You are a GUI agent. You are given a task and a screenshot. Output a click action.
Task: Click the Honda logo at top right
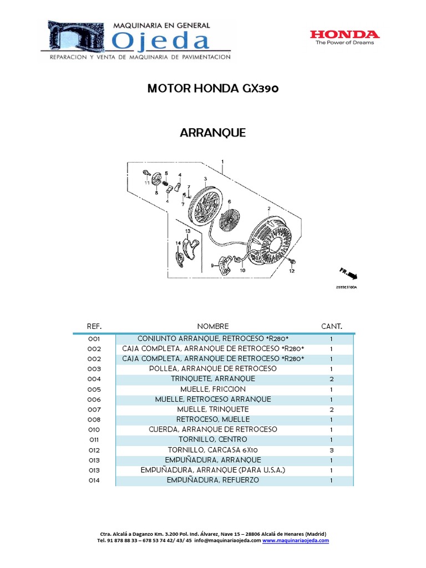click(344, 37)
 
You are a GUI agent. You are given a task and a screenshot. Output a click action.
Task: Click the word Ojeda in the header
click(161, 42)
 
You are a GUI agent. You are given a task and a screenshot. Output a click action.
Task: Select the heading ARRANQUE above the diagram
click(212, 133)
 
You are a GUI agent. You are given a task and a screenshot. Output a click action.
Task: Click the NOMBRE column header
click(212, 326)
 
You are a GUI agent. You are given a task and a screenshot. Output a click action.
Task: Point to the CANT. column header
click(332, 326)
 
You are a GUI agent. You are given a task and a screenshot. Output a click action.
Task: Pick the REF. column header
click(94, 326)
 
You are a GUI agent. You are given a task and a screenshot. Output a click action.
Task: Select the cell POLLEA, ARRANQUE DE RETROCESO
click(212, 369)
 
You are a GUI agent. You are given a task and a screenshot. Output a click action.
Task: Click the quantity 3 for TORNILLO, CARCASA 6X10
click(331, 450)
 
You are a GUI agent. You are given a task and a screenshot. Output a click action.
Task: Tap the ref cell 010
click(94, 429)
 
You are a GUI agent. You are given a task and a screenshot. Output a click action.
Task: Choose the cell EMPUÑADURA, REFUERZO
click(212, 480)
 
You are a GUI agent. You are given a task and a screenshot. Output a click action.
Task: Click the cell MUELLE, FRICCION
click(212, 389)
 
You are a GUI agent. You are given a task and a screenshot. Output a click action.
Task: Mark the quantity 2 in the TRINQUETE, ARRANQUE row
click(331, 379)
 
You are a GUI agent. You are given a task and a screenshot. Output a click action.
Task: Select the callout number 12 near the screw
click(291, 271)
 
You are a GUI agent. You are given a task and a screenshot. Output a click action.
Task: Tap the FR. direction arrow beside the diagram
click(349, 273)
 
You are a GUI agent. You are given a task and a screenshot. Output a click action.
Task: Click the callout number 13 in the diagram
click(187, 231)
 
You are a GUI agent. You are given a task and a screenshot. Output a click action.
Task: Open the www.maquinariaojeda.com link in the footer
click(296, 540)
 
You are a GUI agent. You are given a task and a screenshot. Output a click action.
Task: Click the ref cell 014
click(94, 480)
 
